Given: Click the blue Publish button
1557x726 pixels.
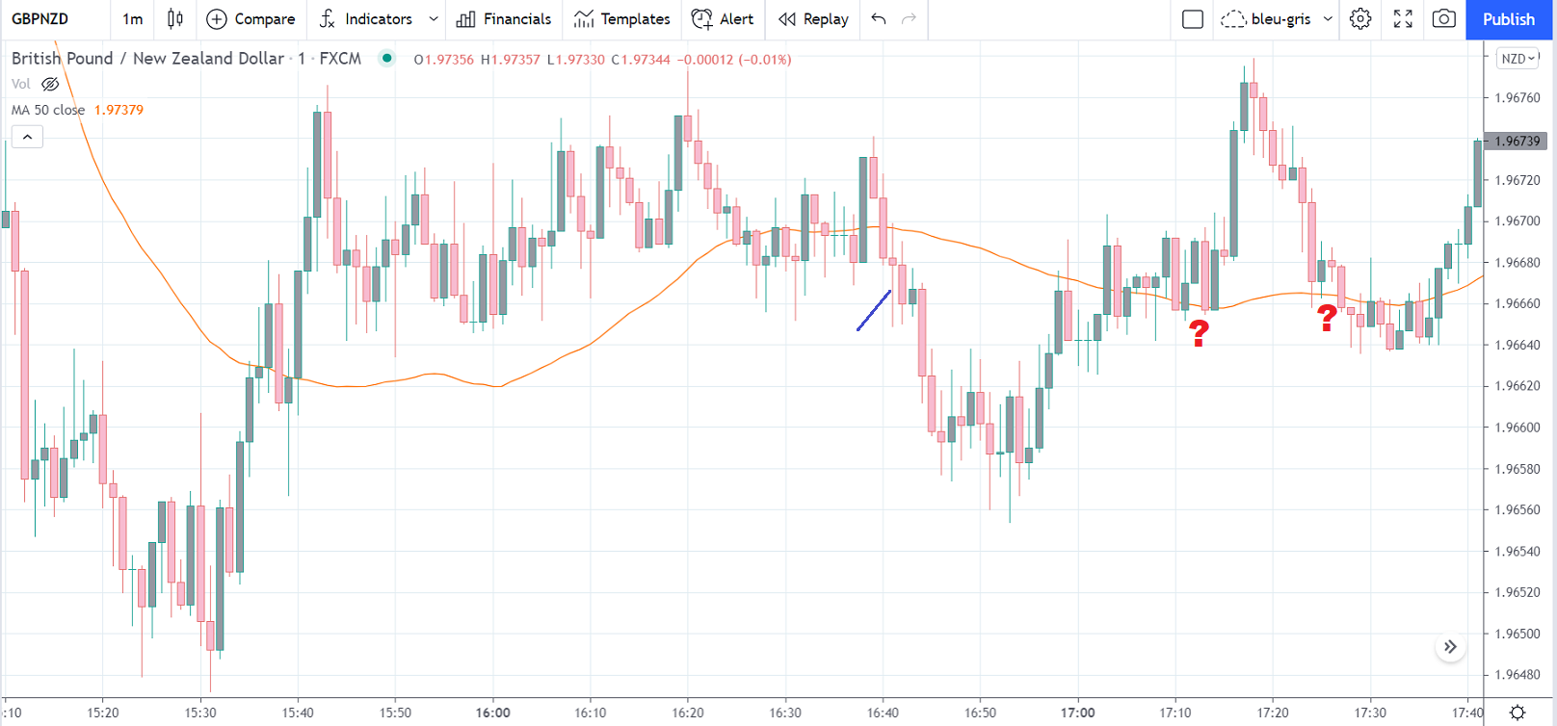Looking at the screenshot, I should (x=1509, y=19).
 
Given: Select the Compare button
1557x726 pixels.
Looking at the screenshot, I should (x=251, y=19).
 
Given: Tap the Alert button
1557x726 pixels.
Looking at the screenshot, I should (x=723, y=19).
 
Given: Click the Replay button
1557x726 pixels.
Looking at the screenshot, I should (x=814, y=19).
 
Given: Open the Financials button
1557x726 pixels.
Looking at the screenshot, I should (x=504, y=19).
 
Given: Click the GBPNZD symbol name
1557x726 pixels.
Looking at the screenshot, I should (x=40, y=19).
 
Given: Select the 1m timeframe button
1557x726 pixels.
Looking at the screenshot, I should (x=133, y=19).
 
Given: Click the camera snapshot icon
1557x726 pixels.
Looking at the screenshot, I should (x=1443, y=19).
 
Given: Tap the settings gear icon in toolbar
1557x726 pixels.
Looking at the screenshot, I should (x=1360, y=19).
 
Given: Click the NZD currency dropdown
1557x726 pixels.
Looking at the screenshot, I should (x=1517, y=59).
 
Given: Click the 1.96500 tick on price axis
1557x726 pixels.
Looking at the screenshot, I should (x=1517, y=634).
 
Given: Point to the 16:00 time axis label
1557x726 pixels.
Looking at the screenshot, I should (x=492, y=713).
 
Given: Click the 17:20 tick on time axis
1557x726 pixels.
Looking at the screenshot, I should (x=1273, y=713).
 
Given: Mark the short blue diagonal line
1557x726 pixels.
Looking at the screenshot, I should (x=874, y=310).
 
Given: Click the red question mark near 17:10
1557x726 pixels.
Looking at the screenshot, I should (x=1199, y=333).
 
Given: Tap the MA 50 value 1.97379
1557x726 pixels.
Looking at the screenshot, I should (x=119, y=110).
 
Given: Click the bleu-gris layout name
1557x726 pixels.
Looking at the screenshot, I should (x=1280, y=19).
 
